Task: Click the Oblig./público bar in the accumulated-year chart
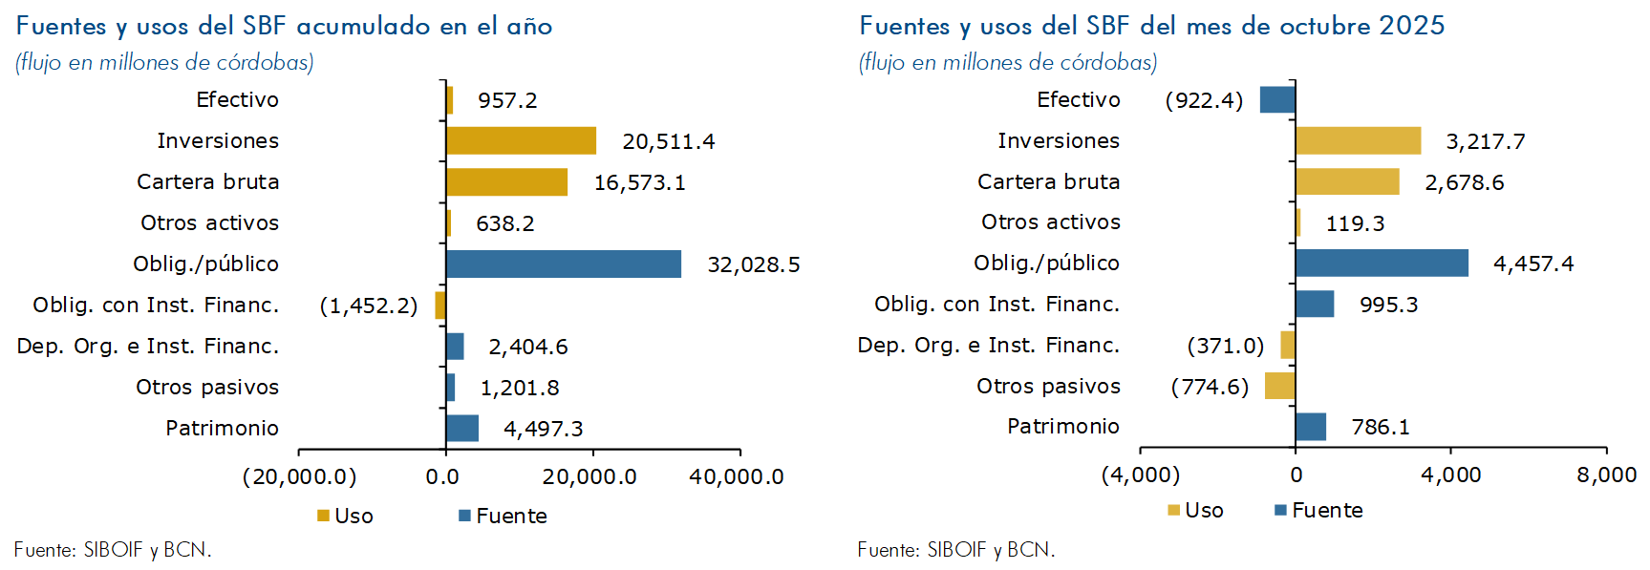pos(564,264)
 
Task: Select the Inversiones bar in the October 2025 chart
pos(1358,140)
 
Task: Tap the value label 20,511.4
pos(668,141)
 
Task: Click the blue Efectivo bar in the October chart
pos(1277,99)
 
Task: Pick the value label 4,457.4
pos(1533,264)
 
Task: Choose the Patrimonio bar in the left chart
pos(462,429)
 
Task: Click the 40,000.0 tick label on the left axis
pos(737,476)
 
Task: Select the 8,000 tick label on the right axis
pos(1607,475)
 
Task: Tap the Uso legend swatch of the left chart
pos(323,516)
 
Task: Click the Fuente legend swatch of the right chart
pos(1280,510)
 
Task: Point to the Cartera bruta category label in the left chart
pos(208,181)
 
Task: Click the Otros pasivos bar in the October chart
pos(1279,386)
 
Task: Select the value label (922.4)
pos(1204,100)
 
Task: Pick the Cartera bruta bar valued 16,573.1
pos(506,182)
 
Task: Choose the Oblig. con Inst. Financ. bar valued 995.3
pos(1315,304)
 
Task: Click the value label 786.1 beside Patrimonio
pos(1381,427)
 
